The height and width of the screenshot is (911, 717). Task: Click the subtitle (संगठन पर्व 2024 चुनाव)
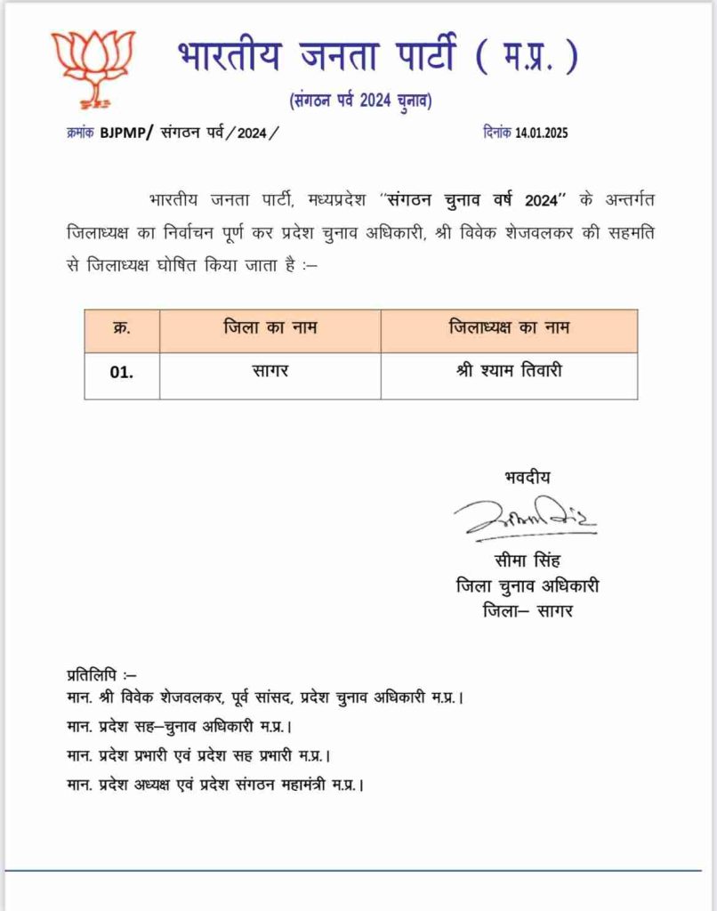point(360,101)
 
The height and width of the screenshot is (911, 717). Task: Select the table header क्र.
point(122,328)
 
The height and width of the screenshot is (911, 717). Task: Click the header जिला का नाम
point(270,328)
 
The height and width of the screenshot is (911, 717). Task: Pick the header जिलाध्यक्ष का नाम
point(509,328)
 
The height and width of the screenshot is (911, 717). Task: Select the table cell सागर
point(270,371)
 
